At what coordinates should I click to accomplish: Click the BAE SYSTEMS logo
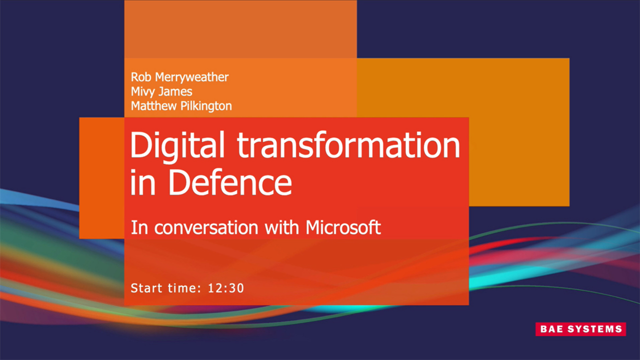pyautogui.click(x=580, y=329)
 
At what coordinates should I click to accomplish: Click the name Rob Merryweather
pyautogui.click(x=179, y=77)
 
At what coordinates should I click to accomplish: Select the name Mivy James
pyautogui.click(x=161, y=91)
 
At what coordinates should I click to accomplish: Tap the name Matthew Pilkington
pyautogui.click(x=181, y=106)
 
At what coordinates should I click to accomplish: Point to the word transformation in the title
pyautogui.click(x=348, y=145)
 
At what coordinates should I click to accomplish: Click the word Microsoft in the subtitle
pyautogui.click(x=343, y=227)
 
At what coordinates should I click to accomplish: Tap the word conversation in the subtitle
pyautogui.click(x=206, y=228)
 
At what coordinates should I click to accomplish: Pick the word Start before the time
pyautogui.click(x=146, y=288)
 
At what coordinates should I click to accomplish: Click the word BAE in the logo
pyautogui.click(x=550, y=329)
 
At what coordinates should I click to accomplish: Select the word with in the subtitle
pyautogui.click(x=283, y=227)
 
